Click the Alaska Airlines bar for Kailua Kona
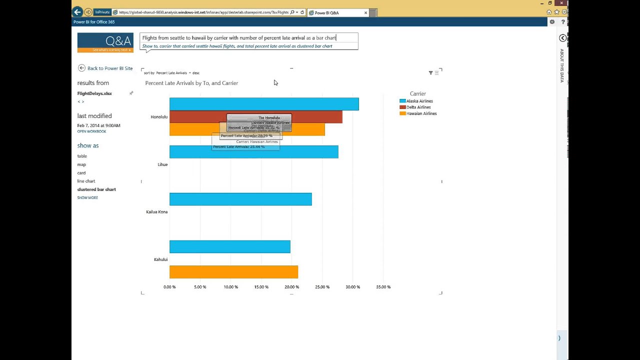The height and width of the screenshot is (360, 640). (x=240, y=199)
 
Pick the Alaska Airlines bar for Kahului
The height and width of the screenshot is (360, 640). (x=229, y=246)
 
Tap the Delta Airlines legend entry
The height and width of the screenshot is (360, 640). (x=418, y=107)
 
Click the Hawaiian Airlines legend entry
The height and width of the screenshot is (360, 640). (x=421, y=113)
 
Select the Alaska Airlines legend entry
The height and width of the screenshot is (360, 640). (x=419, y=101)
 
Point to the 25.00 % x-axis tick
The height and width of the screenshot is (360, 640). (x=322, y=287)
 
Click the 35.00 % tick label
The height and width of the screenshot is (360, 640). (x=383, y=287)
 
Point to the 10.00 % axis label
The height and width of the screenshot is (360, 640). (x=230, y=287)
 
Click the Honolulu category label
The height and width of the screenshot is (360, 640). (x=159, y=117)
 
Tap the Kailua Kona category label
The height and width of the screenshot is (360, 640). (x=156, y=212)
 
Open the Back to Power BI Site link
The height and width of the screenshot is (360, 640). (x=109, y=68)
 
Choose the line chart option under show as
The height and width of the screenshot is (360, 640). (x=86, y=181)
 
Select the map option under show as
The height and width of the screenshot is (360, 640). (x=81, y=164)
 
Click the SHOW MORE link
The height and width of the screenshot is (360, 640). (x=87, y=198)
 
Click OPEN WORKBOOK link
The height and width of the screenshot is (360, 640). (x=91, y=131)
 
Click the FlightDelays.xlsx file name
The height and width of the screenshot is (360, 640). (x=94, y=93)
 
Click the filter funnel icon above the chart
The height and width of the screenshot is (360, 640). (x=430, y=73)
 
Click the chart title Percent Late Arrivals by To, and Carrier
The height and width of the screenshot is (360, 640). (x=191, y=83)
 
